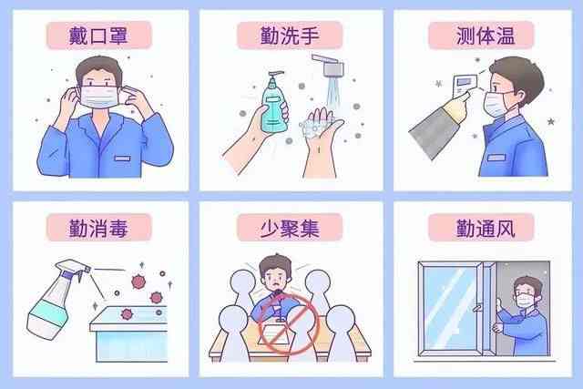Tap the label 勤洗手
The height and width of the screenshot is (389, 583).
point(290,36)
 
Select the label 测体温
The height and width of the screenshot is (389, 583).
point(482,36)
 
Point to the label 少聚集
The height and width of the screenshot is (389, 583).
point(290,227)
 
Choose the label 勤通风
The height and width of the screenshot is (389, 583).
point(482,227)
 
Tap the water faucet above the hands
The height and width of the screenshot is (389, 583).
point(330,67)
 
